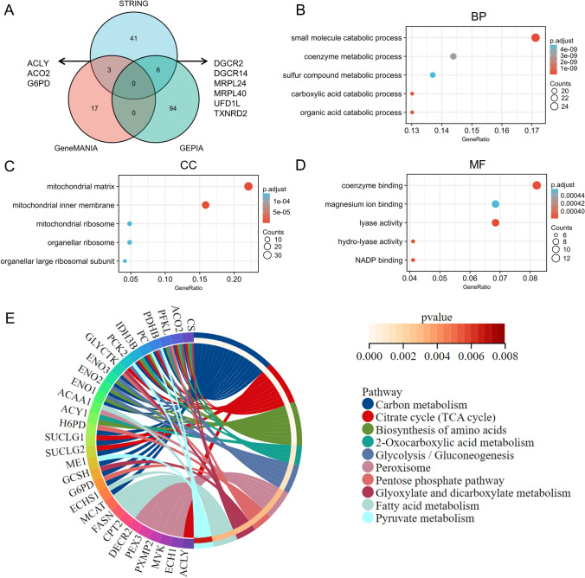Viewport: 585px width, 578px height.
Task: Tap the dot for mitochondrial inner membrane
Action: (x=206, y=205)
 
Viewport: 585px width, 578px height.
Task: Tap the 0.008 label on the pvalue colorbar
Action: (x=569, y=355)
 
